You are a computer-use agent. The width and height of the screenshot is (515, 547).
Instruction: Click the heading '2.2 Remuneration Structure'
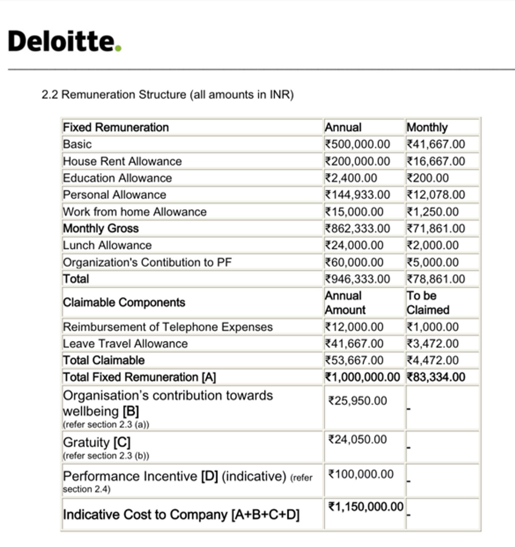point(167,95)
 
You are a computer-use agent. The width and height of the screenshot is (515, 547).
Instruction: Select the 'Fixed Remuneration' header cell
point(116,127)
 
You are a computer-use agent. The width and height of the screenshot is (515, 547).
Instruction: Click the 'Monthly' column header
point(427,127)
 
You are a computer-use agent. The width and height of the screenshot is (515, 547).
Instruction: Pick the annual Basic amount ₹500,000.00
point(358,144)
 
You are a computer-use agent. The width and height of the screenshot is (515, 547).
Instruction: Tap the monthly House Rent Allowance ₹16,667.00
point(436,161)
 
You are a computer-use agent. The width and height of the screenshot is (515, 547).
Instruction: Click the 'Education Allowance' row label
point(117,178)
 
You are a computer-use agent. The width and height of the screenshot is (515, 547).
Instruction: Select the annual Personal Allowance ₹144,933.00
point(358,195)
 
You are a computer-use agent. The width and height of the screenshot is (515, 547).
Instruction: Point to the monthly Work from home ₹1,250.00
point(433,212)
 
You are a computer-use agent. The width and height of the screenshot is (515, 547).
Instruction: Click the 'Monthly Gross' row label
point(101,228)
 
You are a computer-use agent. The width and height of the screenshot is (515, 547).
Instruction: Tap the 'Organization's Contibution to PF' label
point(147,262)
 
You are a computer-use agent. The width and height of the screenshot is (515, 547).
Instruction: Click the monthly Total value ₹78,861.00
point(436,279)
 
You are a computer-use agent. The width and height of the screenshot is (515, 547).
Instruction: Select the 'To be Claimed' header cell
point(428,303)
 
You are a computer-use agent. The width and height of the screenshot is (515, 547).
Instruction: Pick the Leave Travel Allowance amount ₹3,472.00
point(433,343)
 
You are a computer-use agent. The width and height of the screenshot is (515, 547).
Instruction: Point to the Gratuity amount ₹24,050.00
point(358,439)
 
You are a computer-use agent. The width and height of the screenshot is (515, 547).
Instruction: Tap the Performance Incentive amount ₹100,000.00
point(361,474)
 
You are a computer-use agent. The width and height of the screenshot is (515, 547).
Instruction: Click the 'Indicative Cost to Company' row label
point(181,514)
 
